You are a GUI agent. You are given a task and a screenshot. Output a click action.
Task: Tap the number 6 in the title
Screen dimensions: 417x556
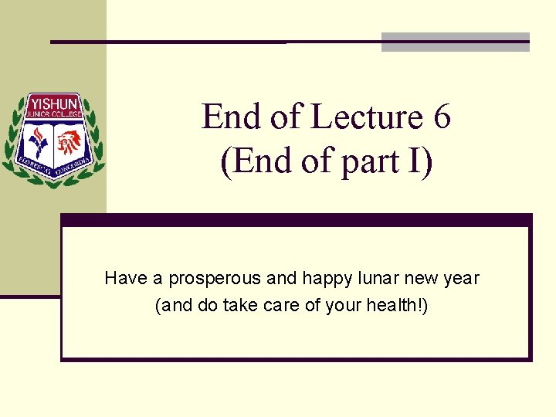click(442, 117)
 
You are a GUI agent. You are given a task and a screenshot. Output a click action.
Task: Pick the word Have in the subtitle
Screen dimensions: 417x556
click(122, 278)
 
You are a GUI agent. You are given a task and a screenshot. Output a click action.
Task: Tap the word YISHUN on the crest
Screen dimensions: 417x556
click(53, 103)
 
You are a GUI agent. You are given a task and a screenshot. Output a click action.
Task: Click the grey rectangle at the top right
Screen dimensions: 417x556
click(456, 42)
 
